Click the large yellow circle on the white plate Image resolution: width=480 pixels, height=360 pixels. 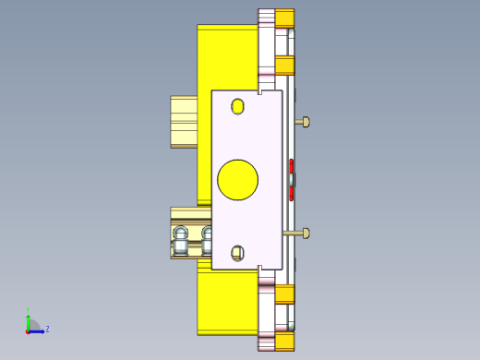[x=237, y=179]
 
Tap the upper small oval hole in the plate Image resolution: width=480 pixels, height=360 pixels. [x=238, y=107]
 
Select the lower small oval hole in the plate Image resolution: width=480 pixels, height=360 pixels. [x=237, y=252]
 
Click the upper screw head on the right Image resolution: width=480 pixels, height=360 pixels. [x=305, y=121]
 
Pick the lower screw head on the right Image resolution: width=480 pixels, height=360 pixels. [x=305, y=233]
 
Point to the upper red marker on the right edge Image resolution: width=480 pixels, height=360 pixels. [x=292, y=166]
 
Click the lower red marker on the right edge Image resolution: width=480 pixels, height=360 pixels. [x=292, y=193]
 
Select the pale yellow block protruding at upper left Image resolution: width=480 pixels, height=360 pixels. [x=184, y=121]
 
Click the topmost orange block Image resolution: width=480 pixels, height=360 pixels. [x=285, y=18]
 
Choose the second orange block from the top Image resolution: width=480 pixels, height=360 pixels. [x=285, y=64]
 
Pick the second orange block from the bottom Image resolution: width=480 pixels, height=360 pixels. [x=285, y=294]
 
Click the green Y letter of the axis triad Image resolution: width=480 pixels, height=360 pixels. [x=28, y=311]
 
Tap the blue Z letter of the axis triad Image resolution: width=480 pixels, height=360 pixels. [x=47, y=329]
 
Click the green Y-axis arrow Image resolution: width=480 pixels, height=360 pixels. [x=28, y=320]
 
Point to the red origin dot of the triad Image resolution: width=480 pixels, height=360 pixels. [x=28, y=330]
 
